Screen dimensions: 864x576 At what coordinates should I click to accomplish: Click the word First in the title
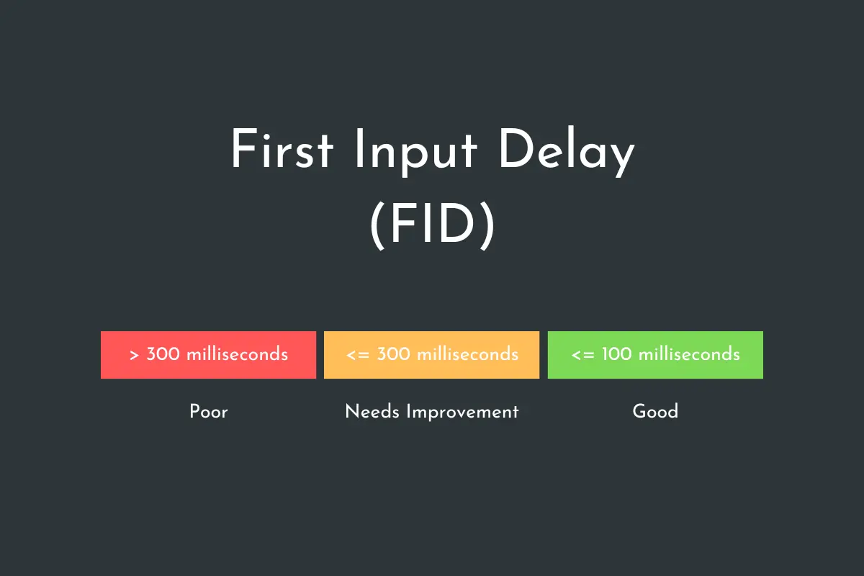coord(282,149)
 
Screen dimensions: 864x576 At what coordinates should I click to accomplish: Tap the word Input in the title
coord(416,153)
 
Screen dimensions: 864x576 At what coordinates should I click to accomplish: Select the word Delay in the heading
coord(567,152)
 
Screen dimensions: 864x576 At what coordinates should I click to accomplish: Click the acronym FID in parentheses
coord(433,224)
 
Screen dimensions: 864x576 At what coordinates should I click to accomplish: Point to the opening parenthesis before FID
coord(377,226)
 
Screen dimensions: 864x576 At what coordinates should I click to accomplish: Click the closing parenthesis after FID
coord(487,226)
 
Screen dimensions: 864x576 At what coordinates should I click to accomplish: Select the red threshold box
coord(208,354)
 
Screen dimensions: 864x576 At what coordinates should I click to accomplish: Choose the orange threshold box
coord(431,354)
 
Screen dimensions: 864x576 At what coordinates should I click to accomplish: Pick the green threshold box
coord(655,354)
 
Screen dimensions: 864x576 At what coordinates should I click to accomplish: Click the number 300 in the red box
coord(163,354)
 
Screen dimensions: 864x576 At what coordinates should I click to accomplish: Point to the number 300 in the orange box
coord(393,354)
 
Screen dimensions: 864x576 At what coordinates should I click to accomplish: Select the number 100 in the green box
coord(617,354)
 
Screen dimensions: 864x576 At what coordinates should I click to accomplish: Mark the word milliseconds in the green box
coord(689,354)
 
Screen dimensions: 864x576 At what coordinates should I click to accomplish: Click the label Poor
coord(209,412)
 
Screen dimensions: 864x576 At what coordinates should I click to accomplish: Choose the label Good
coord(655,411)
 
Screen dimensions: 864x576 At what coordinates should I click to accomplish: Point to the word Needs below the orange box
coord(372,412)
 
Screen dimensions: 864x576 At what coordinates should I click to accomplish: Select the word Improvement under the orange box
coord(462,413)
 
